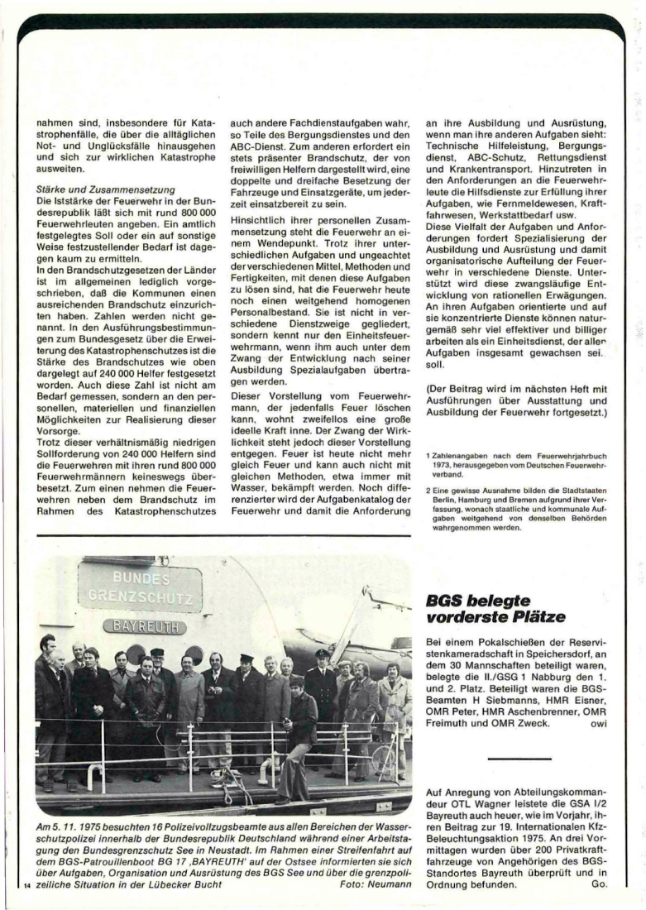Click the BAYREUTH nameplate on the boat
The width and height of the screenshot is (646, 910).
[145, 625]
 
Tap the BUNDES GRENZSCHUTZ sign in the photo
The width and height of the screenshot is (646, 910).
[140, 587]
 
